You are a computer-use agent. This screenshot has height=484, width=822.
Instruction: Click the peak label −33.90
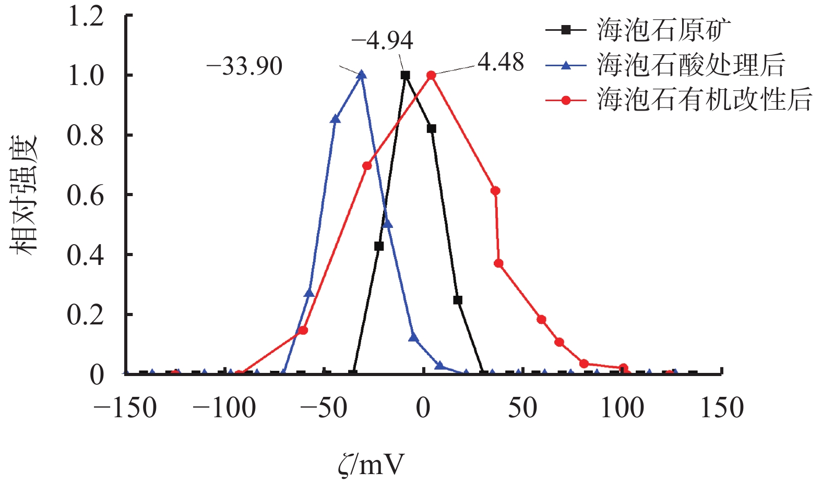point(244,67)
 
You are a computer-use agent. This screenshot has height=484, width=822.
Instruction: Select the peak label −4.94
point(382,40)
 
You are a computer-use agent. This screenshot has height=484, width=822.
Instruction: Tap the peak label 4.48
point(501,63)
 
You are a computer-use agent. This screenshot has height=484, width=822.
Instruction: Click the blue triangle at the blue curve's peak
point(361,75)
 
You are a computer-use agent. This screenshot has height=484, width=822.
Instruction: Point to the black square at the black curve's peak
point(405,75)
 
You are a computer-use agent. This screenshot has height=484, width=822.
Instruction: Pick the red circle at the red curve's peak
point(431,75)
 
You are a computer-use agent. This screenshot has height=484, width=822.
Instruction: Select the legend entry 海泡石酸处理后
point(691,65)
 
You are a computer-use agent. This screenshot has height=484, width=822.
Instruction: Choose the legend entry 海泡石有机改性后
point(705,99)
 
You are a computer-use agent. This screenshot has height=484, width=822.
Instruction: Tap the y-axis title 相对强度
point(25,195)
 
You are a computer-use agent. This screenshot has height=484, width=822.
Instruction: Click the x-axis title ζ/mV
point(371,464)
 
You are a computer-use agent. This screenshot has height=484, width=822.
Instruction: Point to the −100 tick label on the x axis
point(224,408)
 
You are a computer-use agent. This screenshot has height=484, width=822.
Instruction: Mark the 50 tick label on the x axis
point(522,408)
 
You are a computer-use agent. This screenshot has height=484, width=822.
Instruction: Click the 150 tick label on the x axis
point(722,408)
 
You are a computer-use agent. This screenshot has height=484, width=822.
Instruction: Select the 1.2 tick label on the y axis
point(86,17)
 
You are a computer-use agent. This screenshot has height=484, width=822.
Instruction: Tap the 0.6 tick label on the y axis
point(86,196)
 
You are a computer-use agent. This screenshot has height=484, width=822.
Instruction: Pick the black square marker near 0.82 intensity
point(431,128)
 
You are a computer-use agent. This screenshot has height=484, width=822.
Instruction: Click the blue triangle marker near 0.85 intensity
point(336,119)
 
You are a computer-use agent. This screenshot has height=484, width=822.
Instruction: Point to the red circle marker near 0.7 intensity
point(367,166)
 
